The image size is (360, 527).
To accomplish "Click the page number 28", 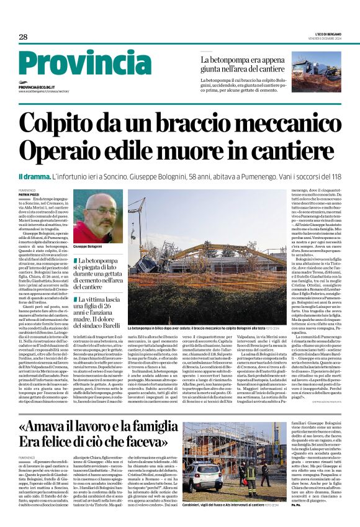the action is coord(22,38).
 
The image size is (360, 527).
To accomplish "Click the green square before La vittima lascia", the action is coord(76,299).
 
